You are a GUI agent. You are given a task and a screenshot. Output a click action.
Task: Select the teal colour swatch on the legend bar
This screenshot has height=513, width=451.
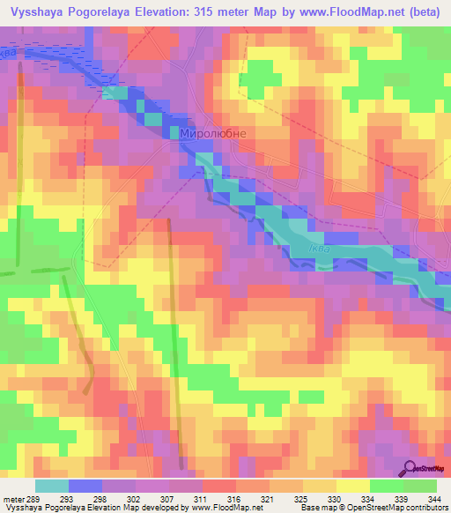[51, 486]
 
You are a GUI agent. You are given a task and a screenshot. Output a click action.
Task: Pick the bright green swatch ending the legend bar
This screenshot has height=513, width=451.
[420, 486]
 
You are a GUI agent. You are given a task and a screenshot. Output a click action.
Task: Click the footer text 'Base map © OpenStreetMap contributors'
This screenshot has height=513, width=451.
[373, 508]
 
